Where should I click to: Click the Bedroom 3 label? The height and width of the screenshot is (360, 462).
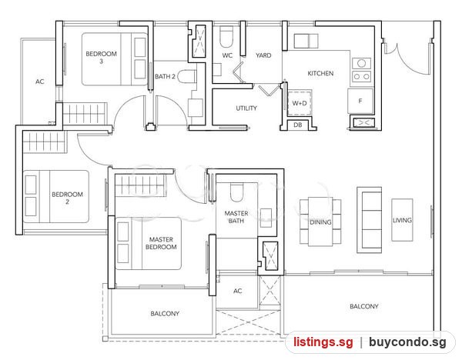(x=101, y=58)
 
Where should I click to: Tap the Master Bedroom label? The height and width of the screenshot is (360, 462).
(x=161, y=243)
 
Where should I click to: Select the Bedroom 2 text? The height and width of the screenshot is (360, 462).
(x=67, y=198)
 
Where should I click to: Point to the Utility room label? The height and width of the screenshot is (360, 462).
(x=246, y=108)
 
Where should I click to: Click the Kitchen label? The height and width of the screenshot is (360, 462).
(x=320, y=73)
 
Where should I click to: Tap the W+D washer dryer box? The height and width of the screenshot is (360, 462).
(x=300, y=103)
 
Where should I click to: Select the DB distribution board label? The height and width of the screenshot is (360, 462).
(x=297, y=125)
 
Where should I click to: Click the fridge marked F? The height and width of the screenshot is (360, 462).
(x=360, y=101)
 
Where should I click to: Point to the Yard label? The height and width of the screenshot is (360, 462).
(x=263, y=55)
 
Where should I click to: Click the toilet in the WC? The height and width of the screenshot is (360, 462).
(x=226, y=37)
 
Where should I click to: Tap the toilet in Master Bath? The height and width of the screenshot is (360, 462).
(x=236, y=192)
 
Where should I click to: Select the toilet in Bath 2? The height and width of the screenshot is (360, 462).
(x=187, y=76)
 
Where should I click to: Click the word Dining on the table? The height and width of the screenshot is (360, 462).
(x=320, y=222)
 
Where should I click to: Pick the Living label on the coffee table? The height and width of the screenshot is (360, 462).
(x=402, y=220)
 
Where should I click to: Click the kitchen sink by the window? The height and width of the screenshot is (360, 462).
(x=306, y=41)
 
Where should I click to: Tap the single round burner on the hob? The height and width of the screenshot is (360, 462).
(x=362, y=63)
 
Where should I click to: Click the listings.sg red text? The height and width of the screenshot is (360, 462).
(x=323, y=342)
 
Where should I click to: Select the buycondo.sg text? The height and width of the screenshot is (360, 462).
(x=407, y=342)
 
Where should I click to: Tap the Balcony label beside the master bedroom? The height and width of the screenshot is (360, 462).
(x=165, y=314)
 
